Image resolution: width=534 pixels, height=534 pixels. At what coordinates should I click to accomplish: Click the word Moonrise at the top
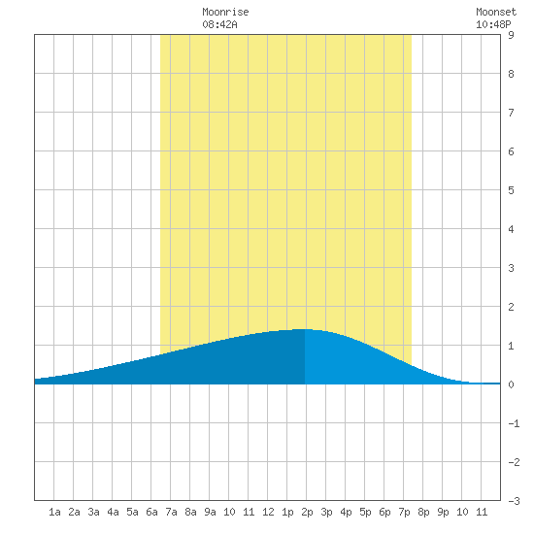(225, 12)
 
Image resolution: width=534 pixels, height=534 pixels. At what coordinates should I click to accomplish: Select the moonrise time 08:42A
(219, 24)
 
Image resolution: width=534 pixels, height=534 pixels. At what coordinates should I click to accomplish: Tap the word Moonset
(496, 12)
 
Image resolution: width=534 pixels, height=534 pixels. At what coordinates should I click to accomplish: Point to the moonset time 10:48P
(493, 24)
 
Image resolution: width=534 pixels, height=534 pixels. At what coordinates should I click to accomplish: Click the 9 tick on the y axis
(511, 35)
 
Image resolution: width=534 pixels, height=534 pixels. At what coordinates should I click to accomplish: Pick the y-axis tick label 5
(511, 190)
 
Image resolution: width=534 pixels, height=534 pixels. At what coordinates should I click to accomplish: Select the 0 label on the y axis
(511, 384)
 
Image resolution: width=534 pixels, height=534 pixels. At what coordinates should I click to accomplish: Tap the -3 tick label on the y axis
(514, 501)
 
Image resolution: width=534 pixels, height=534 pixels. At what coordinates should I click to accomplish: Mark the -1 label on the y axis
(514, 423)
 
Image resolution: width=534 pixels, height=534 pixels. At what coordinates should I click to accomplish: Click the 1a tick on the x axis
(54, 512)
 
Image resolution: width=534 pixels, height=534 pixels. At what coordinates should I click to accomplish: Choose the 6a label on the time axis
(151, 512)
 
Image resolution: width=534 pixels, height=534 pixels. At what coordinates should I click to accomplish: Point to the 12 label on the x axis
(268, 512)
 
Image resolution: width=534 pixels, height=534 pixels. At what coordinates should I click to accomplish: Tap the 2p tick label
(307, 512)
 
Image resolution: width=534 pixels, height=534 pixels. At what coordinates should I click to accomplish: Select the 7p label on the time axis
(404, 512)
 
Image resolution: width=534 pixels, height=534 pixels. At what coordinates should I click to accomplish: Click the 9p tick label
(443, 512)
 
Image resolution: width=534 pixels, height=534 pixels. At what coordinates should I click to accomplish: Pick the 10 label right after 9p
(462, 512)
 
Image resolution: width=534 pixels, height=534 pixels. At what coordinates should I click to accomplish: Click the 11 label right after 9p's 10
(482, 512)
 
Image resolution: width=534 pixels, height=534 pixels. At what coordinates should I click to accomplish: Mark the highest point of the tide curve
(304, 329)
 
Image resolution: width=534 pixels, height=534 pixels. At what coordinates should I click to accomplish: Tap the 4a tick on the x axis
(113, 512)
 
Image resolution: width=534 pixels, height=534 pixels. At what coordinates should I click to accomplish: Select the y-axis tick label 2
(511, 307)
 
